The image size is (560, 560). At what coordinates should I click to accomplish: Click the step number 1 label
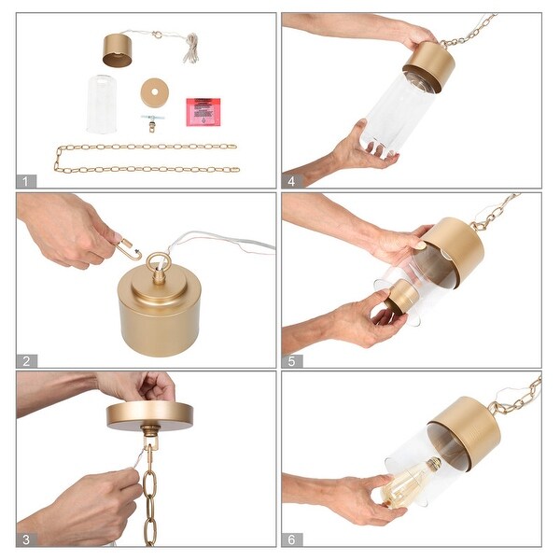click(x=26, y=181)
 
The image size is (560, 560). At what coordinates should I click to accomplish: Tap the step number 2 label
click(x=26, y=361)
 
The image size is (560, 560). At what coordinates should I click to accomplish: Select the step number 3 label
click(x=26, y=539)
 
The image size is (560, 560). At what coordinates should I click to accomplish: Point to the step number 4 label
click(x=292, y=181)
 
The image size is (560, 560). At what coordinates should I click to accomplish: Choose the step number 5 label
click(x=292, y=361)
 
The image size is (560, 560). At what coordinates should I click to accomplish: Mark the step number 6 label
click(x=292, y=539)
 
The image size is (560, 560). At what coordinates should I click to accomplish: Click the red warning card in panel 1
click(x=203, y=112)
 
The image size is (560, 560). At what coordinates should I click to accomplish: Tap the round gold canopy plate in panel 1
click(x=155, y=92)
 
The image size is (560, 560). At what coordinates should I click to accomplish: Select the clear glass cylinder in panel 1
click(x=102, y=105)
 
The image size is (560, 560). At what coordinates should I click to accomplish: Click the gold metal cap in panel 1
click(x=118, y=50)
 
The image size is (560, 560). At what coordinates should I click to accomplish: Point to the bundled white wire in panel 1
click(x=191, y=49)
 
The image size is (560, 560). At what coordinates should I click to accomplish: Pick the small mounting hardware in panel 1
click(x=151, y=123)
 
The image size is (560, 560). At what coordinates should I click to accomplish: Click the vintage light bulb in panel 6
click(x=411, y=482)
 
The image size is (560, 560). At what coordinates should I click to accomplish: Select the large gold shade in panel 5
click(x=452, y=252)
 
